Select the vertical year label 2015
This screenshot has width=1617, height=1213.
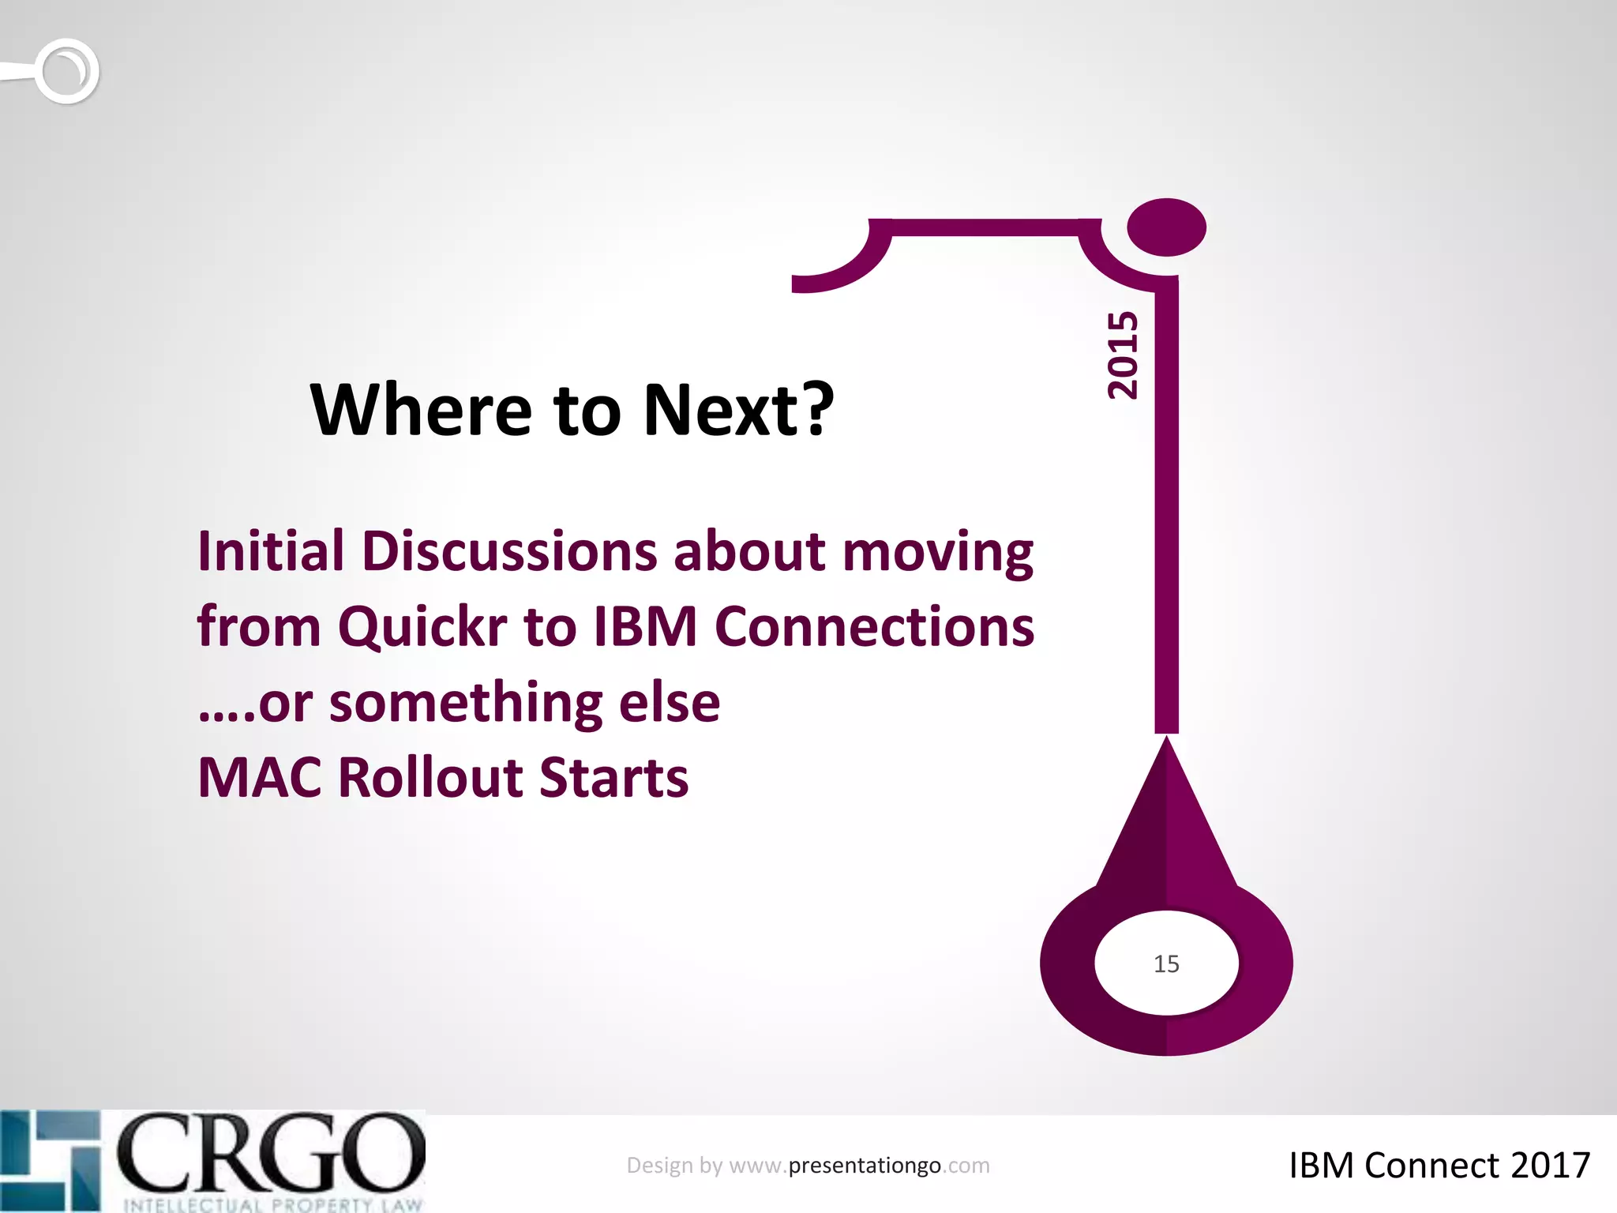(1123, 355)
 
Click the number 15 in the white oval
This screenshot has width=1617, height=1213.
(1166, 964)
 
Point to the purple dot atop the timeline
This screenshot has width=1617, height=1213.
(1166, 227)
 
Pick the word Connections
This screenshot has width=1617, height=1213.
(874, 626)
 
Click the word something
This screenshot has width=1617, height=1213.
(465, 702)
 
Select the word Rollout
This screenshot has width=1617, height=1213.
(430, 778)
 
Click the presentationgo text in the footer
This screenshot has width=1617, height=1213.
(865, 1166)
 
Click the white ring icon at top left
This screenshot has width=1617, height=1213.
(67, 71)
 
